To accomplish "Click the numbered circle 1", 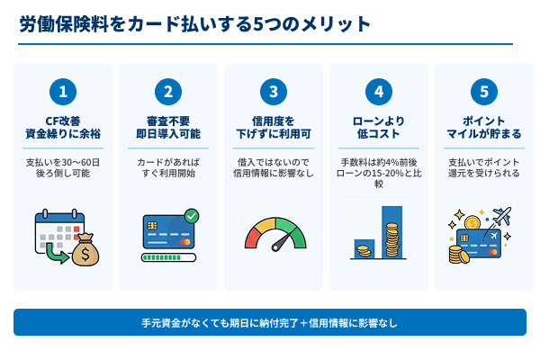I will point(63,91).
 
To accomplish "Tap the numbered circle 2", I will point(168,91).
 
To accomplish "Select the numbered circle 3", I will point(274,91).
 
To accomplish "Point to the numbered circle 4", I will point(379,91).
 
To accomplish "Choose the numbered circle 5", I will point(484,91).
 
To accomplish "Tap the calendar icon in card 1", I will point(52,229).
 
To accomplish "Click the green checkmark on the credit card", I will point(191,216).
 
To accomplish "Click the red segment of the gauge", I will point(251,237).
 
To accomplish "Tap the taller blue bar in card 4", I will point(391,231).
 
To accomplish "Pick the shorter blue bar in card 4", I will point(364,248).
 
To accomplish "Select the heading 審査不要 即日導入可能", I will point(168,127).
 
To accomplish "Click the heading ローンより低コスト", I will point(379,127).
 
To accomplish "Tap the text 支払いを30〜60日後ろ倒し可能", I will point(63,167).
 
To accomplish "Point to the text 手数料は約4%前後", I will point(379,161).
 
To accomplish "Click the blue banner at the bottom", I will point(270,322).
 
